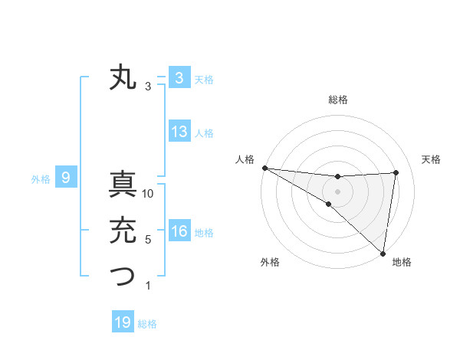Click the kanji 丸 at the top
coord(123,78)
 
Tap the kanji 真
coord(123,185)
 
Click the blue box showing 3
coord(179,78)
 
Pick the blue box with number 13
coord(179,132)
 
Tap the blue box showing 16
coord(179,231)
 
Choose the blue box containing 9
coord(66,178)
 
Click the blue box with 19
coord(123,322)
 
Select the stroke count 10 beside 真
coord(149,195)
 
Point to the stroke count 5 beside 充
coord(148,240)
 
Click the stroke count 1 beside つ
coord(148,286)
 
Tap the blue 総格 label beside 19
coord(147,324)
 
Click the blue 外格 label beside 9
coord(41,179)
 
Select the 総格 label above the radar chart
coord(337,100)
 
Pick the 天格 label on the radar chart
coord(431,159)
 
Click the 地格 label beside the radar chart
coord(402,262)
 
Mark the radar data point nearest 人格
coord(264,167)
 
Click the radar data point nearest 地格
coord(383,252)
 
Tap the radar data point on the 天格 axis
coord(396,172)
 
